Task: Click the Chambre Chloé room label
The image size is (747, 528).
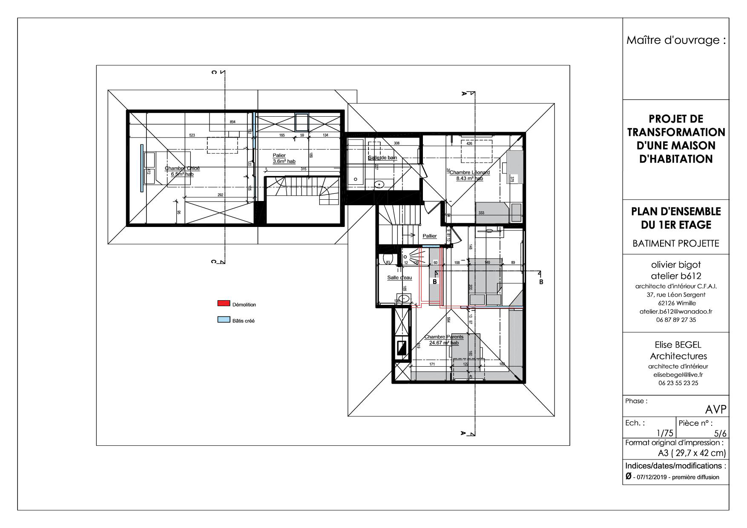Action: (x=182, y=171)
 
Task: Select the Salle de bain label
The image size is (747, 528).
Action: (x=382, y=158)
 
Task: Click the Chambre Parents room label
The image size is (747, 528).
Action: (x=444, y=339)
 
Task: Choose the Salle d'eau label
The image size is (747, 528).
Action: (x=399, y=278)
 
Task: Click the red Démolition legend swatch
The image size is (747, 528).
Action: (x=224, y=304)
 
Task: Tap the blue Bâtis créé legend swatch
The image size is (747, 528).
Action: (x=224, y=320)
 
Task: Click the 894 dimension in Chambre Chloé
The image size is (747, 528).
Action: (x=233, y=122)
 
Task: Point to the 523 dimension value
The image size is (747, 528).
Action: (x=192, y=135)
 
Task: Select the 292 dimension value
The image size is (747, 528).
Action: (x=221, y=195)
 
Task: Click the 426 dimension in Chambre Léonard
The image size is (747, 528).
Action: (x=469, y=143)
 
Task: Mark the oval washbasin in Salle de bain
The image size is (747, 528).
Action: (x=379, y=184)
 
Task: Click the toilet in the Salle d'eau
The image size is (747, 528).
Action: (x=387, y=259)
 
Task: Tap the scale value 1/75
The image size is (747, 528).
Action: (x=665, y=433)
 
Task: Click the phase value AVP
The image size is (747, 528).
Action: (x=715, y=410)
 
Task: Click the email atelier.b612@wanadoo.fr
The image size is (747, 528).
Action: (x=676, y=311)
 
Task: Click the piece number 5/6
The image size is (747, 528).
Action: (x=720, y=433)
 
